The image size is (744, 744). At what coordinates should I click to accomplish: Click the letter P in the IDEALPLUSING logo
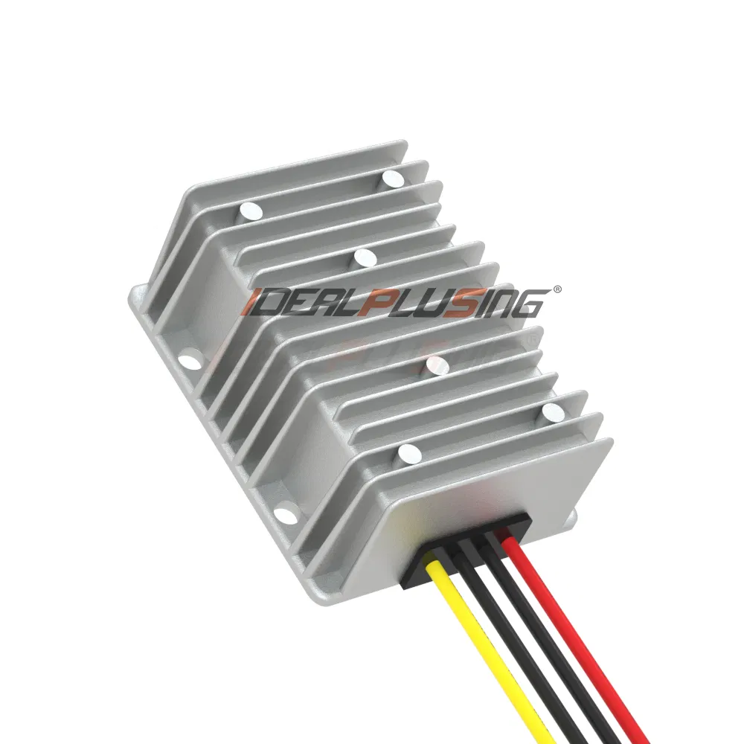(x=369, y=304)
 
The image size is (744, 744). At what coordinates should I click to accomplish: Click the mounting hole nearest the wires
(x=283, y=514)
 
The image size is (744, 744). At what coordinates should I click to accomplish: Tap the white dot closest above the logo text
(x=365, y=257)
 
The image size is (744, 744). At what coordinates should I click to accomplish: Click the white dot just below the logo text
(x=437, y=365)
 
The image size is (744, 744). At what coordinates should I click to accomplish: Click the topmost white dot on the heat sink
(x=392, y=178)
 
